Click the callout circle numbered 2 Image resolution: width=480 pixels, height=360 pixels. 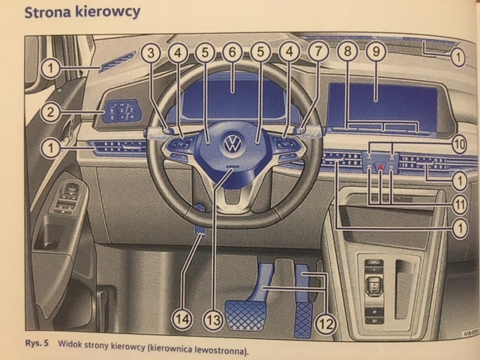(50, 113)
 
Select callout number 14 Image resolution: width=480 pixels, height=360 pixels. (181, 319)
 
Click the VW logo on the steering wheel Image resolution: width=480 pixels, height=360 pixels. (234, 142)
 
